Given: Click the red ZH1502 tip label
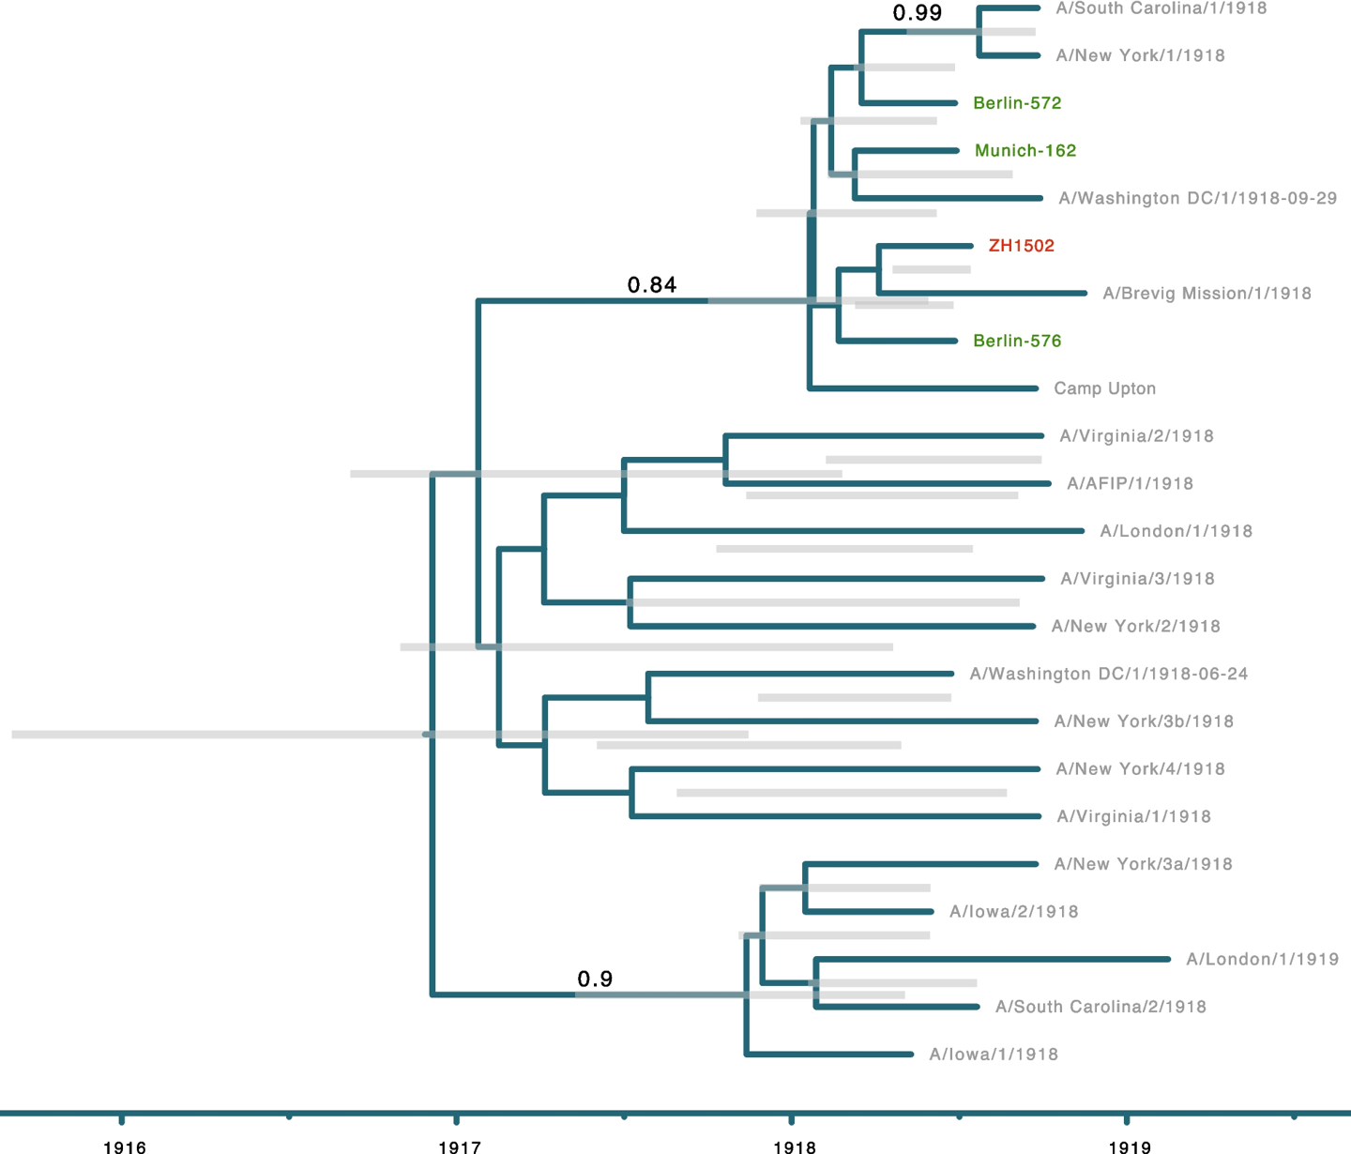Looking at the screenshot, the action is click(x=1021, y=246).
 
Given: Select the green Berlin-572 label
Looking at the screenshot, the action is click(x=1017, y=102).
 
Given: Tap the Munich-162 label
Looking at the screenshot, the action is click(x=1025, y=150).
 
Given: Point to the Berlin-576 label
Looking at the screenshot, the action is click(x=1017, y=341).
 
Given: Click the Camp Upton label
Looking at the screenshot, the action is click(x=1104, y=388).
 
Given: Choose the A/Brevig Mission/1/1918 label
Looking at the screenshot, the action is click(x=1207, y=294).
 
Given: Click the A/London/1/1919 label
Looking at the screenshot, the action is click(x=1262, y=959).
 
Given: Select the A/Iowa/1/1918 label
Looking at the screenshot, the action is click(x=994, y=1054).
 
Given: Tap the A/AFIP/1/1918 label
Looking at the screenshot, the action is click(x=1131, y=483).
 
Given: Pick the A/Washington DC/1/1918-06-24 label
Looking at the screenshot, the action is click(x=1109, y=674).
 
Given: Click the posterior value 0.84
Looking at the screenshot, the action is click(x=652, y=284).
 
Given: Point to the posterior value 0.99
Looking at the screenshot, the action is click(x=917, y=12).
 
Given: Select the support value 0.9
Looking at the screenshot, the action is click(x=595, y=979).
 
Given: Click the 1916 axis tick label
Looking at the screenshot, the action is click(x=125, y=1147).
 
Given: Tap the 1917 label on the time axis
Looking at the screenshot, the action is click(x=460, y=1147).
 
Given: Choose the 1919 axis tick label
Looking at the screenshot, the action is click(x=1131, y=1147).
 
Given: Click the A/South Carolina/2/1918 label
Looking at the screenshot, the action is click(x=1101, y=1007).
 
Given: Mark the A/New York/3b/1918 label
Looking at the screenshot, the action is click(x=1144, y=721).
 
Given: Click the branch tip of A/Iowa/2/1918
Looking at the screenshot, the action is click(x=932, y=912).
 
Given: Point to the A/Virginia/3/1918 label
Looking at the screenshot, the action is click(x=1137, y=579).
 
